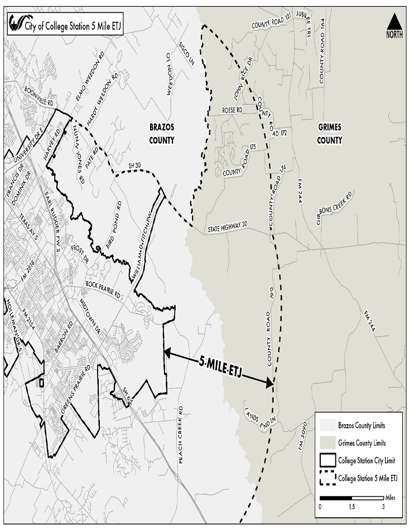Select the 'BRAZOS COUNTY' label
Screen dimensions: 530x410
point(162,133)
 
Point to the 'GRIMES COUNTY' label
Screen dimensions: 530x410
point(329,133)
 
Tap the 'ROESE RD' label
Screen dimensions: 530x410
point(231,110)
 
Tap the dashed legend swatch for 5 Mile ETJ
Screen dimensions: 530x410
point(327,478)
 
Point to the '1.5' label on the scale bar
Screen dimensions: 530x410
point(351,507)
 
